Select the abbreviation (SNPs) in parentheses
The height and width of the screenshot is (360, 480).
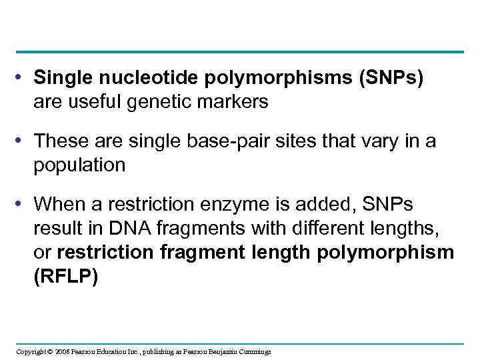(x=391, y=79)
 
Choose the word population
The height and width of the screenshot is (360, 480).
(x=79, y=165)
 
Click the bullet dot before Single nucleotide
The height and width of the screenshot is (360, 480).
(x=23, y=79)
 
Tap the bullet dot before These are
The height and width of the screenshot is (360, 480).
(x=23, y=141)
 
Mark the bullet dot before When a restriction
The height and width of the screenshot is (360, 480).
(x=23, y=204)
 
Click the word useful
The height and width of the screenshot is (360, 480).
(x=91, y=102)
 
